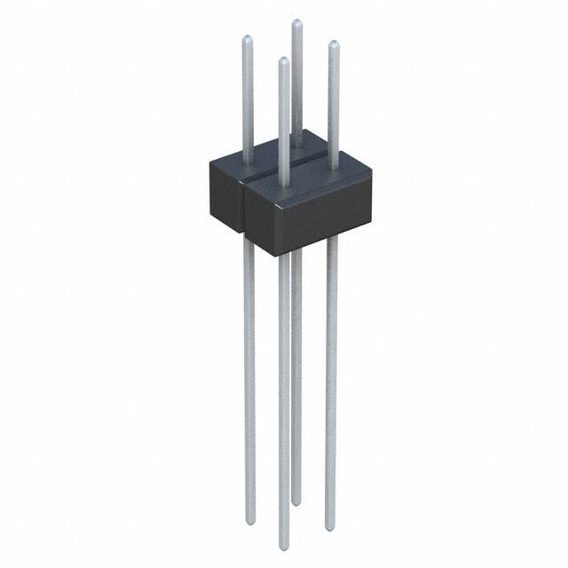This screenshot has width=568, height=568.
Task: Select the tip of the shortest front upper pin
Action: point(283,61)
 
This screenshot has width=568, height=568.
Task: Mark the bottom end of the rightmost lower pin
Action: point(330,528)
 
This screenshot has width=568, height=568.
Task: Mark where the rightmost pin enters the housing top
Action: point(333,168)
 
